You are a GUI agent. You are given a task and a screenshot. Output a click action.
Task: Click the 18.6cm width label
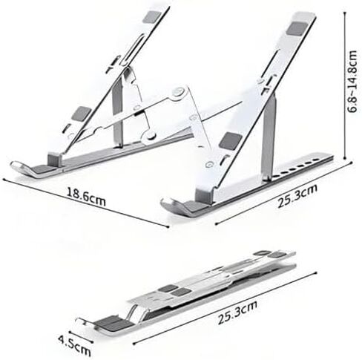(86, 197)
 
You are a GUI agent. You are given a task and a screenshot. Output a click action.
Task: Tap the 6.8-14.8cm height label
(352, 82)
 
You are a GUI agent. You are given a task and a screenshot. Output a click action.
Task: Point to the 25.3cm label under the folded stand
(237, 312)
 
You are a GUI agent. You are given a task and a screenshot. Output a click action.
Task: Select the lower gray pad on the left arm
(82, 114)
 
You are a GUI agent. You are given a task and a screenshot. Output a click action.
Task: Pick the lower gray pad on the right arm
(231, 141)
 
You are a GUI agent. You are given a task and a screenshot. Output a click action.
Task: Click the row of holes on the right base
(300, 167)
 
